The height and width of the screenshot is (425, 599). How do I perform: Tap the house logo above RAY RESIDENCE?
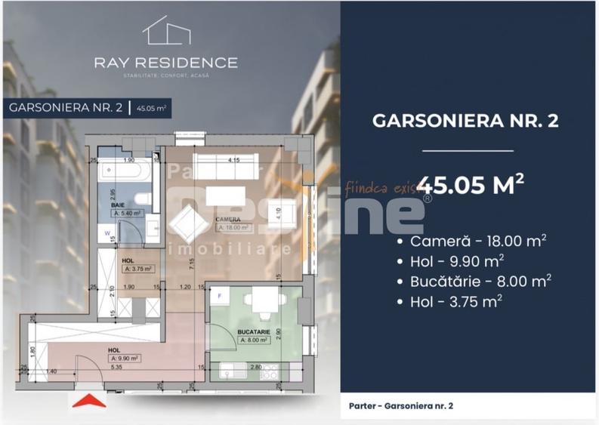point(165,32)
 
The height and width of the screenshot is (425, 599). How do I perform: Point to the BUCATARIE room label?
point(254,331)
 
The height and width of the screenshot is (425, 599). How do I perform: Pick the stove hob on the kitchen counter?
point(269,372)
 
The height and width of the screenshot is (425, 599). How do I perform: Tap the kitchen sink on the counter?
point(230,372)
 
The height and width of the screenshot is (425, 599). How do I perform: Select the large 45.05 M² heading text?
point(471,185)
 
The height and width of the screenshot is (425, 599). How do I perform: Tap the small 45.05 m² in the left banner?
point(152,108)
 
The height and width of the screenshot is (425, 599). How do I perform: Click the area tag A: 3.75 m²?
point(138,268)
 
